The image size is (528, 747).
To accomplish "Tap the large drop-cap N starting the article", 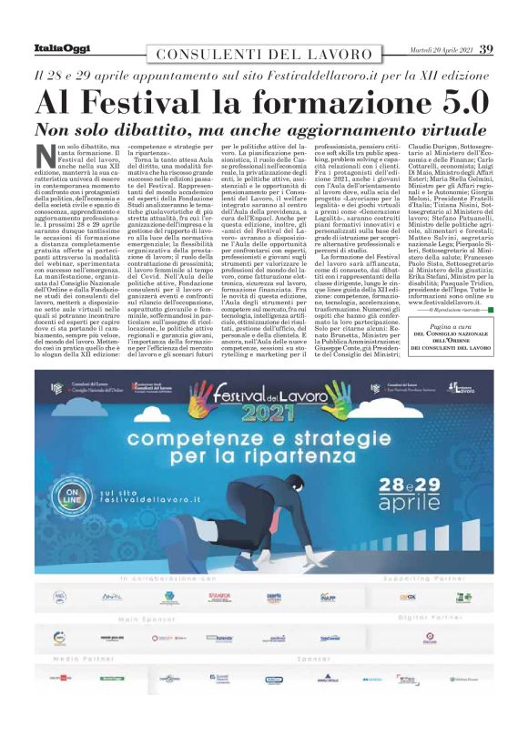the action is click(44, 156).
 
